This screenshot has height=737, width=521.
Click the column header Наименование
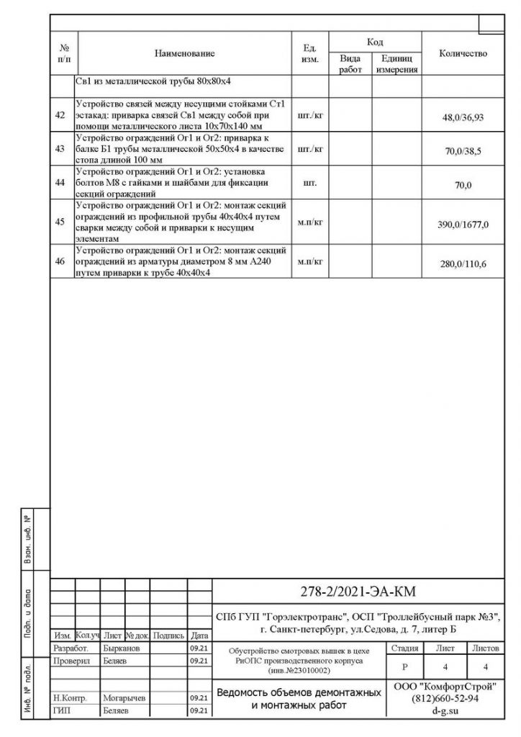click(x=184, y=53)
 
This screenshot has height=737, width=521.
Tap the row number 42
click(x=60, y=115)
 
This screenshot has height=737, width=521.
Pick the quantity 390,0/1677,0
click(x=463, y=225)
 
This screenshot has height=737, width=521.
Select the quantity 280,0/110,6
click(x=463, y=265)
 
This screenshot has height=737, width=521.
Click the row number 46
click(x=60, y=261)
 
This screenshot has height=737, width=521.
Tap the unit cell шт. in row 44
click(x=311, y=184)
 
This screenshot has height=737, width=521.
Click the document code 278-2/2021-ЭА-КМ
click(x=358, y=592)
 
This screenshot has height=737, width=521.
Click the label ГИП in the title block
click(x=62, y=710)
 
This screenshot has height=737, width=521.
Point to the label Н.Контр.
click(x=70, y=698)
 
